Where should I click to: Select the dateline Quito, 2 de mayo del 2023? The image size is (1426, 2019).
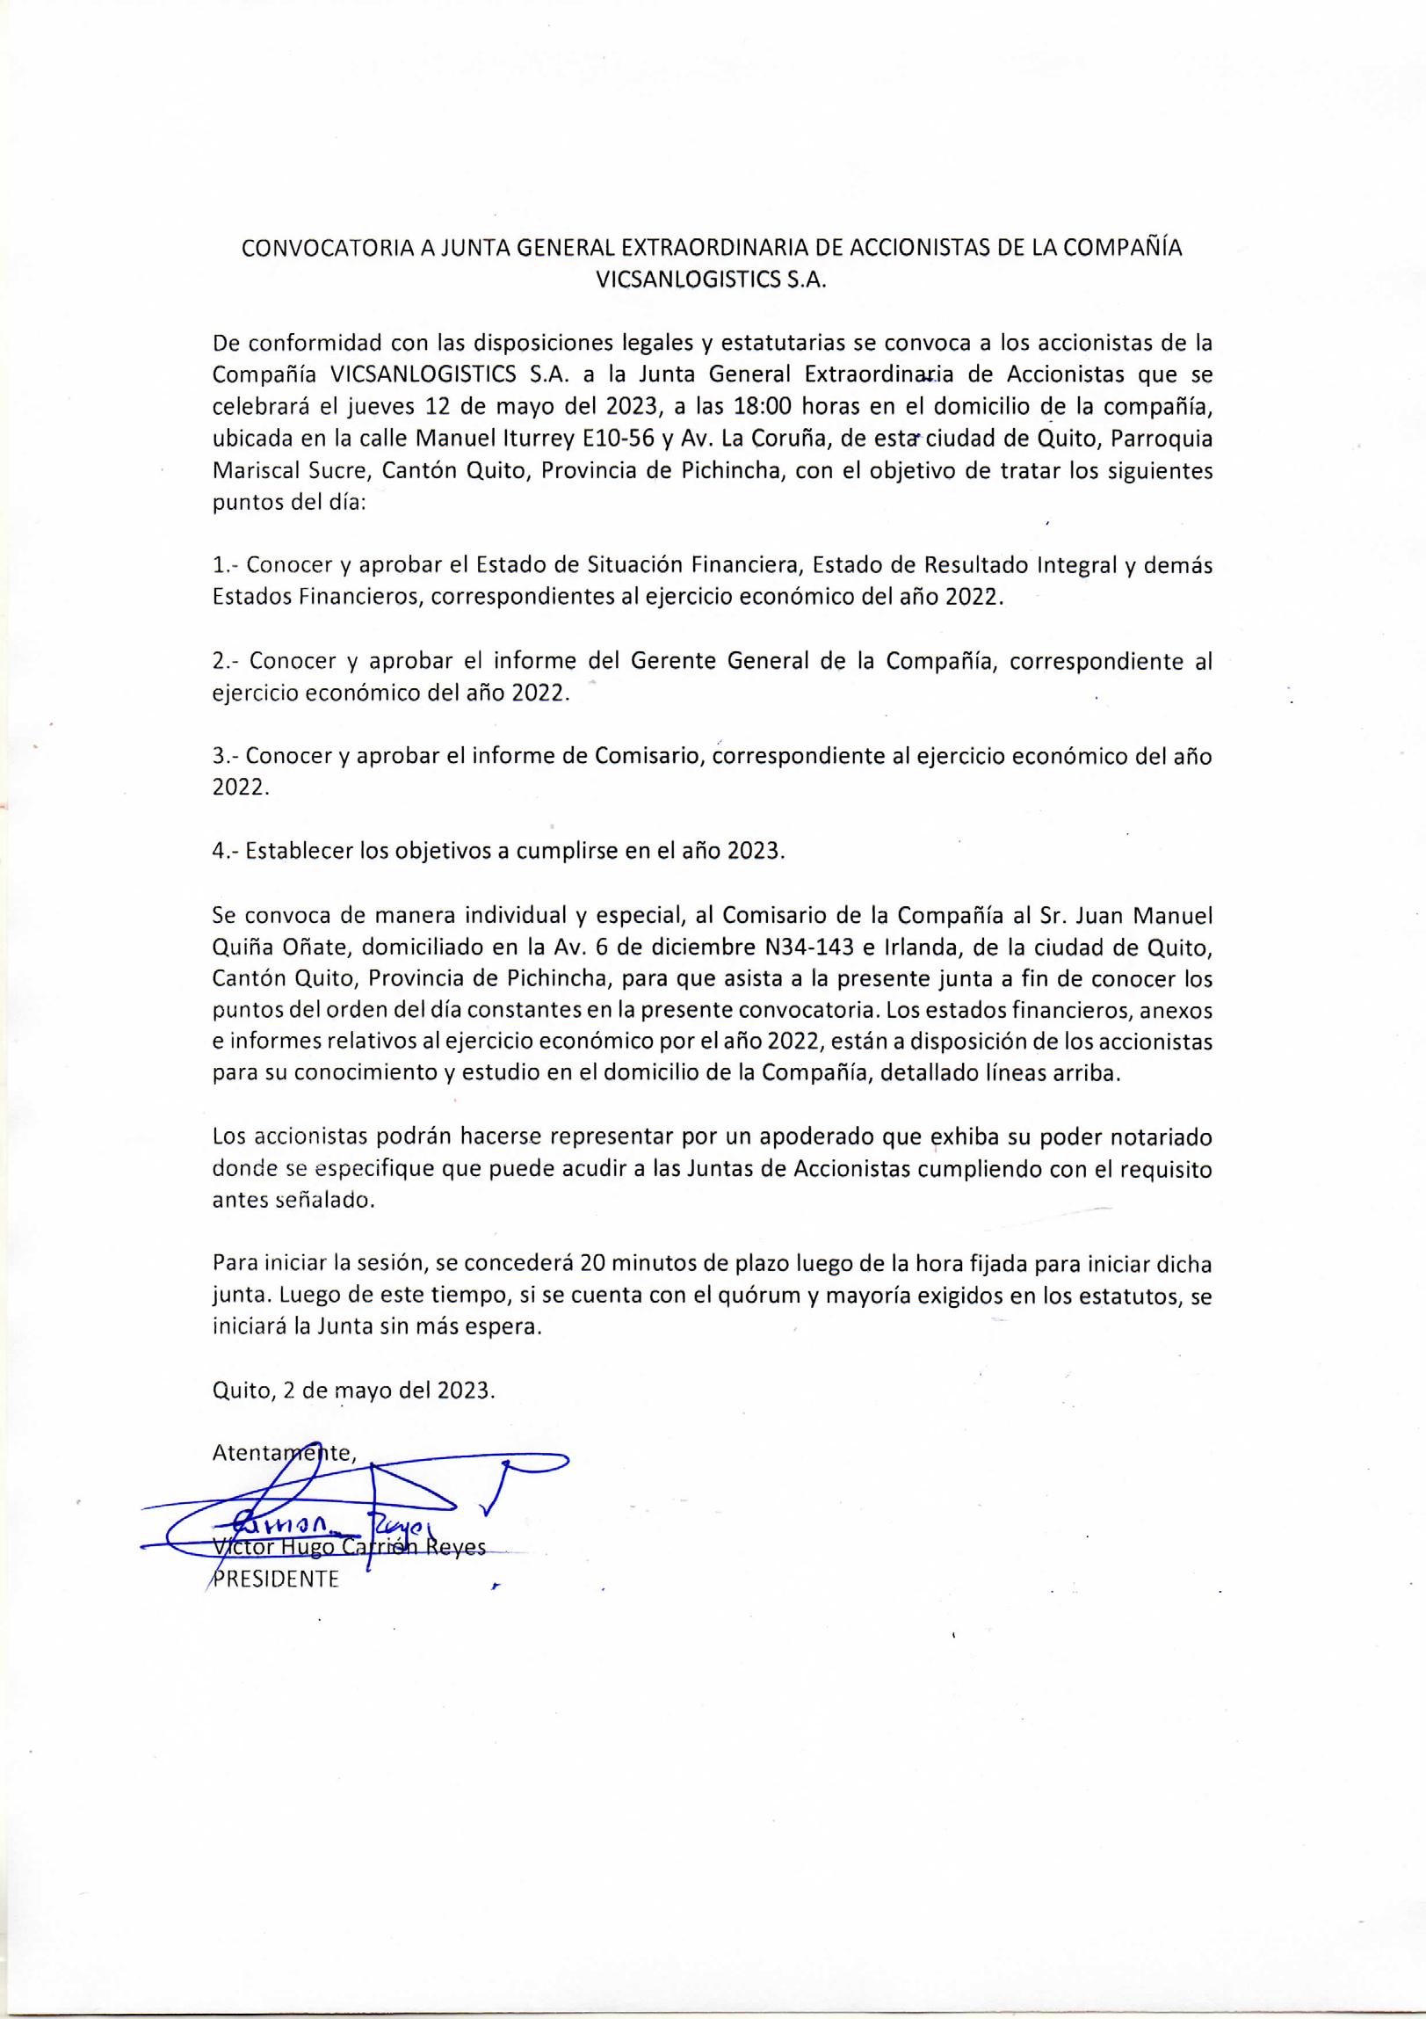pos(353,1391)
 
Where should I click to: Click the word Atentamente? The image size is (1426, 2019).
pos(283,1453)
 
